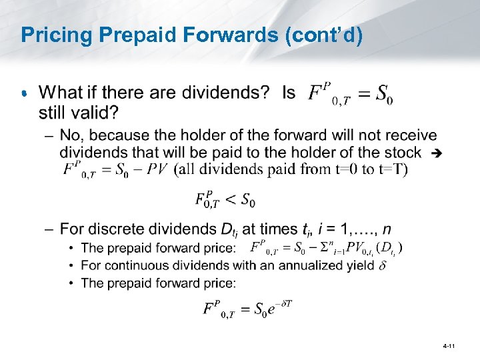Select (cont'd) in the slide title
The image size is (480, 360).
coord(324,35)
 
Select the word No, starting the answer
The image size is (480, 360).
coord(72,136)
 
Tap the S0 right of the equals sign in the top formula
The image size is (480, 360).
coord(383,94)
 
